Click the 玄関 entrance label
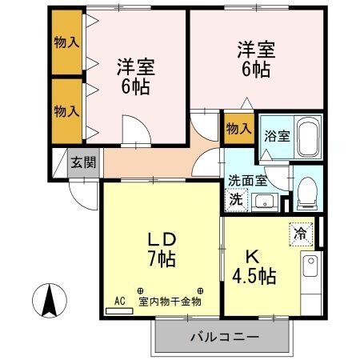[x=82, y=163]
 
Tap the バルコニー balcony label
[x=224, y=337]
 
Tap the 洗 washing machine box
[x=236, y=199]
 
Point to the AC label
[x=120, y=301]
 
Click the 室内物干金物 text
[x=170, y=302]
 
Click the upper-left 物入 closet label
[x=66, y=42]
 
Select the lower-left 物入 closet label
[x=66, y=109]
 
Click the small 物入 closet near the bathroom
[x=238, y=128]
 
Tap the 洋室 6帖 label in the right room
[x=255, y=59]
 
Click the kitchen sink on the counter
[x=310, y=265]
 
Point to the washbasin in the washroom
[x=266, y=200]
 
